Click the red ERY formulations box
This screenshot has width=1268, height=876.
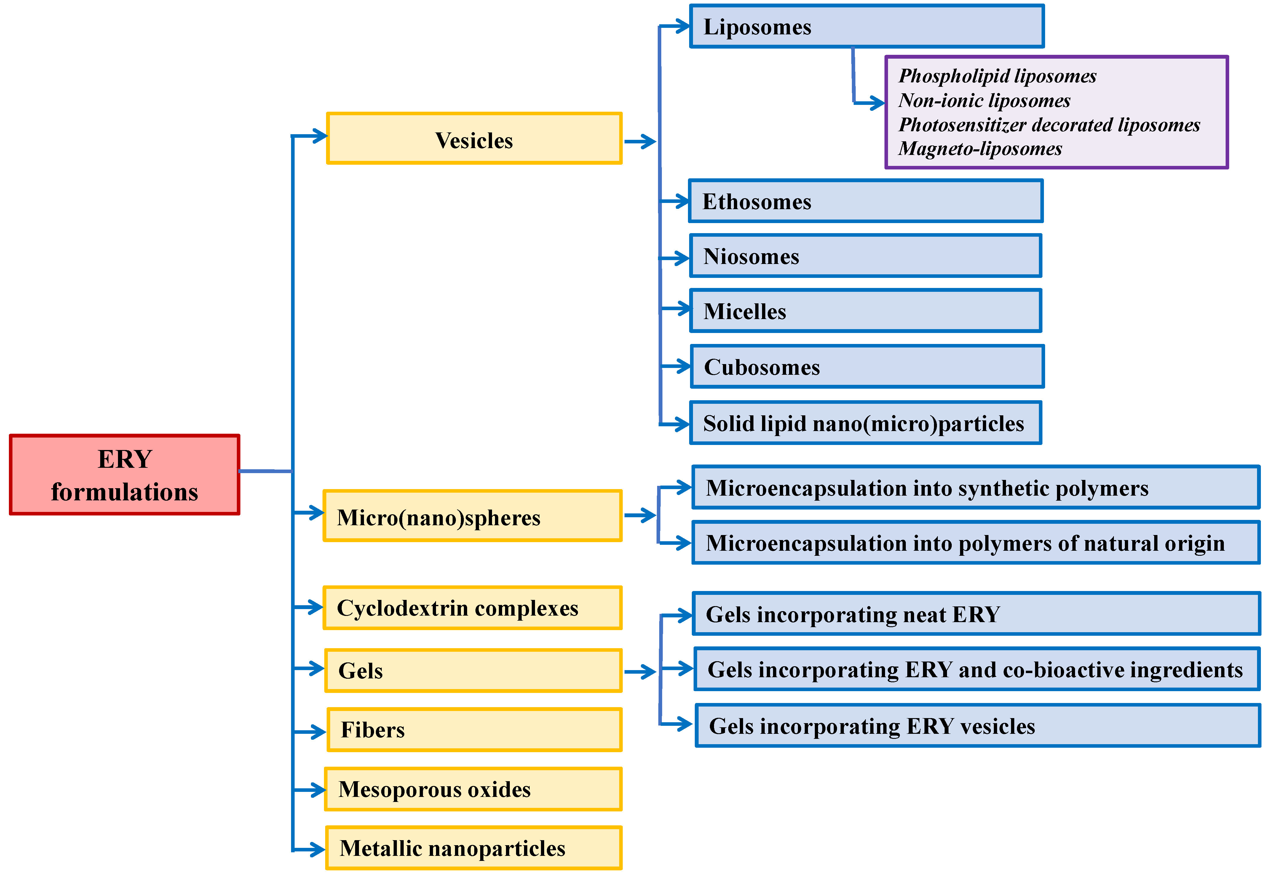(125, 475)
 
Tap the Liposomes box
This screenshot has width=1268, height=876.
(867, 26)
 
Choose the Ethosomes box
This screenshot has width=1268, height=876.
(865, 201)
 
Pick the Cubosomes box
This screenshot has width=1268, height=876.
(867, 367)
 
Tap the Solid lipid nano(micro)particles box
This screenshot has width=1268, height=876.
(865, 423)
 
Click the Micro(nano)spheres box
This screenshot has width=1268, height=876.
(472, 516)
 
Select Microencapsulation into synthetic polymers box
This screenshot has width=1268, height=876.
(975, 487)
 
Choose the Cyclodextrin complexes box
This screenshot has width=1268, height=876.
(472, 608)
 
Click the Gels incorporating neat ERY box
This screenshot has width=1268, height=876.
(976, 614)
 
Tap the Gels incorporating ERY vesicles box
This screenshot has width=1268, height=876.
(978, 726)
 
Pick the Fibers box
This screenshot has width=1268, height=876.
(474, 729)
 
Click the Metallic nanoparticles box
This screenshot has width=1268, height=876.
(473, 848)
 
